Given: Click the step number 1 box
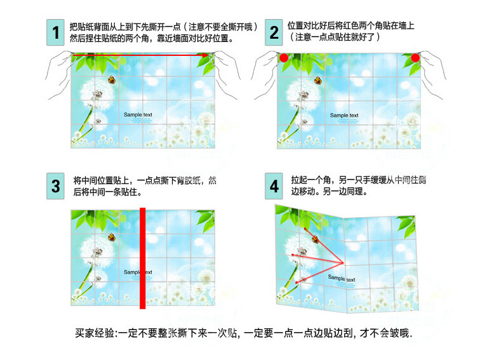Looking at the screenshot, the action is point(56,32).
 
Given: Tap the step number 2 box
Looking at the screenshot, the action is point(274,32).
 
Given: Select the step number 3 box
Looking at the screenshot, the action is point(56,186).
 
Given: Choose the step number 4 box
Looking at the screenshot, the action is point(274,186).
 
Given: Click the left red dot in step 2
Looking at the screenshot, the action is point(284,58).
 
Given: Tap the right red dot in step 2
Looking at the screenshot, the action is point(415,58).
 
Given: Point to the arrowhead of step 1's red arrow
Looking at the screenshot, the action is point(206,55).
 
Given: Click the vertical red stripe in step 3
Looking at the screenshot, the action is point(143,258).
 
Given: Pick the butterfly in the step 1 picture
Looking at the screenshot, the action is point(112,80).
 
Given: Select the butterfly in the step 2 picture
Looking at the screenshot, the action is point(318,81).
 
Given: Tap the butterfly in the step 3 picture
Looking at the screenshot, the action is point(112,237).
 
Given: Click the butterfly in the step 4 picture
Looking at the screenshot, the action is point(316,239).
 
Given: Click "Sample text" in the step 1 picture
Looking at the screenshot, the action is point(138,115).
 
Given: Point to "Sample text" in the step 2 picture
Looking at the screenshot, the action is point(344,115).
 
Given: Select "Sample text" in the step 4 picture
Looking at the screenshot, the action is point(342,278).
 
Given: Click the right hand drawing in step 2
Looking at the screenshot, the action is point(432,74).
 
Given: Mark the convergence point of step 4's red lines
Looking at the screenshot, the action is point(344,263).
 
